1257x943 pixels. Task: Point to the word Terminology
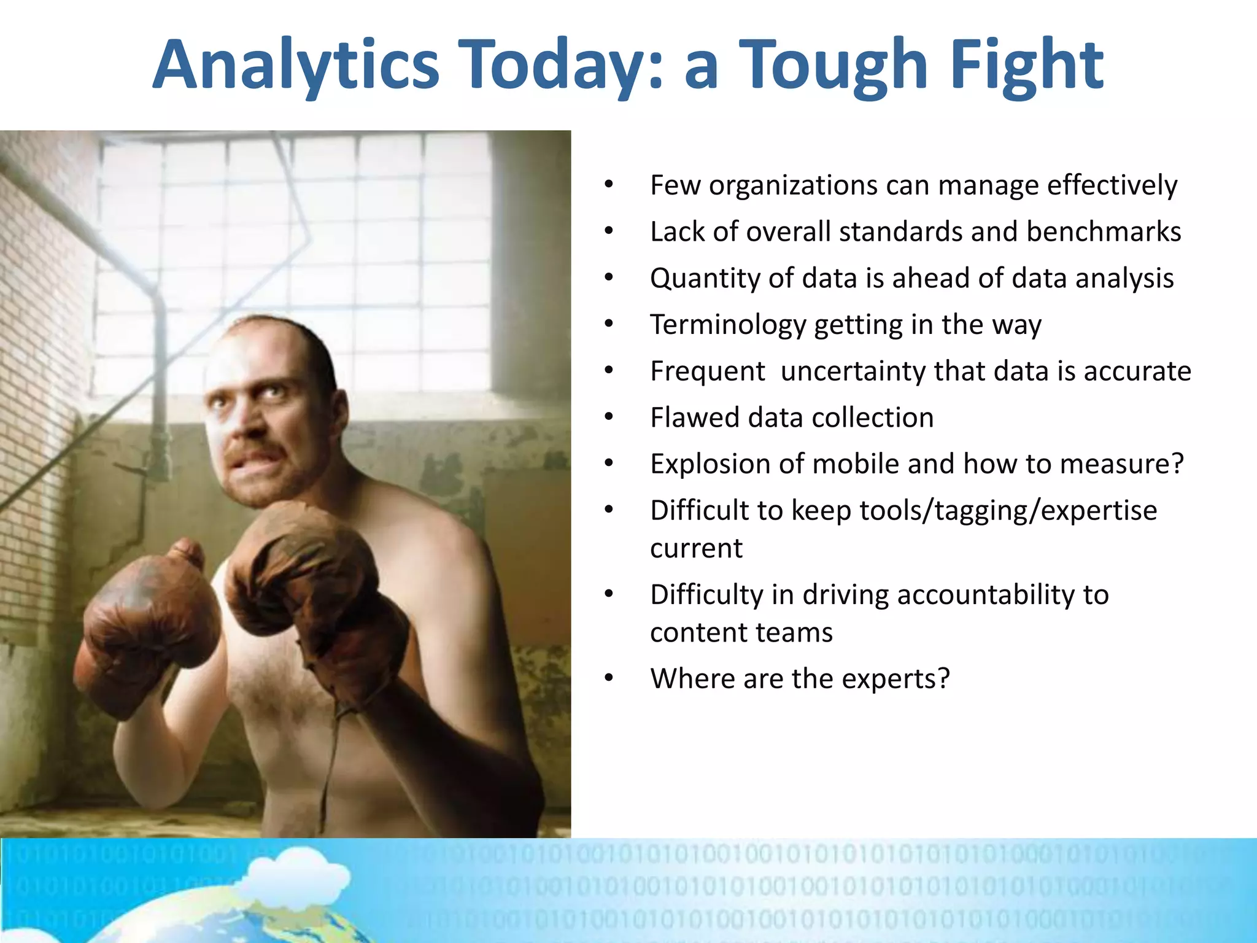[727, 325]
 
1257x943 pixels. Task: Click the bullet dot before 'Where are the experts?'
[608, 678]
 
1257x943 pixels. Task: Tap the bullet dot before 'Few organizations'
[608, 185]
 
